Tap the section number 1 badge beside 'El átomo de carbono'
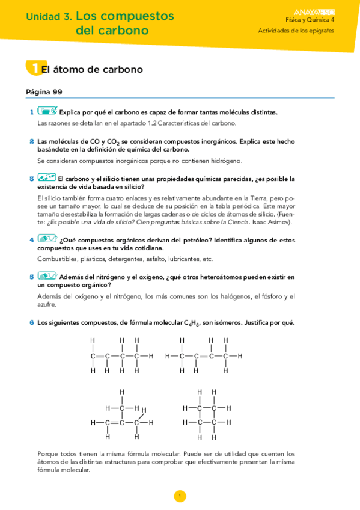(34, 68)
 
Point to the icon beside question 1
(47, 111)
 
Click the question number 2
(31, 141)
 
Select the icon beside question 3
(47, 178)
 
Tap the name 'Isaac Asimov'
(273, 222)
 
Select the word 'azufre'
(47, 304)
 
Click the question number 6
(31, 322)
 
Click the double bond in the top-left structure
(100, 356)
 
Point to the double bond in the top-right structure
(203, 356)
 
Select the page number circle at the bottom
(180, 496)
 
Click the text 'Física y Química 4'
(310, 20)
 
